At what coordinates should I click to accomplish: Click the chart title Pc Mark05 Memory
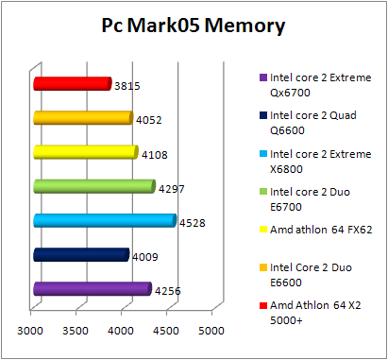click(x=194, y=26)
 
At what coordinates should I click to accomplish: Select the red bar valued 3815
click(x=72, y=84)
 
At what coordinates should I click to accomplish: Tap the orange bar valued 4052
click(x=82, y=118)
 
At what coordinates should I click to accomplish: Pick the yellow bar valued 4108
click(x=85, y=152)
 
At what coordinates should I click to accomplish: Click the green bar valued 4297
click(x=93, y=186)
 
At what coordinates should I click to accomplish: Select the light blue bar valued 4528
click(x=104, y=220)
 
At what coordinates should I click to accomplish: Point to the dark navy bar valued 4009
click(x=80, y=254)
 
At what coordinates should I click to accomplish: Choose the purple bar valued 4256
click(x=92, y=288)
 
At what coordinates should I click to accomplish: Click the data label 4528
click(x=193, y=224)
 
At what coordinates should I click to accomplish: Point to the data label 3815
click(x=127, y=85)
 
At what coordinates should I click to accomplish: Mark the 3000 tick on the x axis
click(x=31, y=331)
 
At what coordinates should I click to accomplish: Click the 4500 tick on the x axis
click(x=166, y=331)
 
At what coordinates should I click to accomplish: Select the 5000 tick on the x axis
click(x=211, y=331)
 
